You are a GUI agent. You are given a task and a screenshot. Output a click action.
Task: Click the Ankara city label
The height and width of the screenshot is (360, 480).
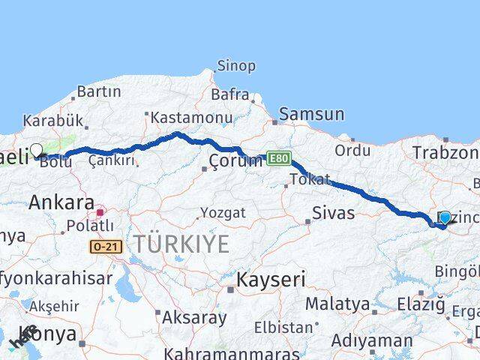tap(61, 202)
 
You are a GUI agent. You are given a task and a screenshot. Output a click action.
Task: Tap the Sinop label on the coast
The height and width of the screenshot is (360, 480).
tap(236, 66)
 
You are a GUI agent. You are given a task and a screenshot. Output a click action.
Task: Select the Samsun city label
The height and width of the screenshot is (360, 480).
tap(311, 115)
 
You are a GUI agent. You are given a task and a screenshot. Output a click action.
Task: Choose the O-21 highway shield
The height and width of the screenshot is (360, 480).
tap(105, 246)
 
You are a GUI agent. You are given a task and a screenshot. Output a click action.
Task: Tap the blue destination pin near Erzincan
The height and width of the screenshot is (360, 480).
tap(445, 217)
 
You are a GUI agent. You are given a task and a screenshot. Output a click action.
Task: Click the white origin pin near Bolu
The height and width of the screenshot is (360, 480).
tap(36, 151)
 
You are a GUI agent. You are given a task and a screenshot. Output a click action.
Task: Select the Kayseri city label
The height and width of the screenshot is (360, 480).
tap(271, 280)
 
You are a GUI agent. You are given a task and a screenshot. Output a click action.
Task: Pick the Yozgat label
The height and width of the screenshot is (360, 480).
tap(223, 213)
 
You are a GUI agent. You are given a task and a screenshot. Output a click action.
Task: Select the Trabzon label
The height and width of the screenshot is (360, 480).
tap(445, 153)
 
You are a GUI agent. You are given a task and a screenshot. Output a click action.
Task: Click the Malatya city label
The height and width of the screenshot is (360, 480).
tap(337, 304)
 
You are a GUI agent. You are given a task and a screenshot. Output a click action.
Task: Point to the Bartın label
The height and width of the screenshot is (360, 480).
tap(99, 91)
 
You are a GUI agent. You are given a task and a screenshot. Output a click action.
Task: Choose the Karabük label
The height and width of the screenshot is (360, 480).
tap(52, 120)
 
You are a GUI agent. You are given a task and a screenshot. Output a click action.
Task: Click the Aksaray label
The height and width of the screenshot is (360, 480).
tap(193, 318)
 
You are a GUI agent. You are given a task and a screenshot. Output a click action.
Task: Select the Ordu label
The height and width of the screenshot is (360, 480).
tap(352, 150)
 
